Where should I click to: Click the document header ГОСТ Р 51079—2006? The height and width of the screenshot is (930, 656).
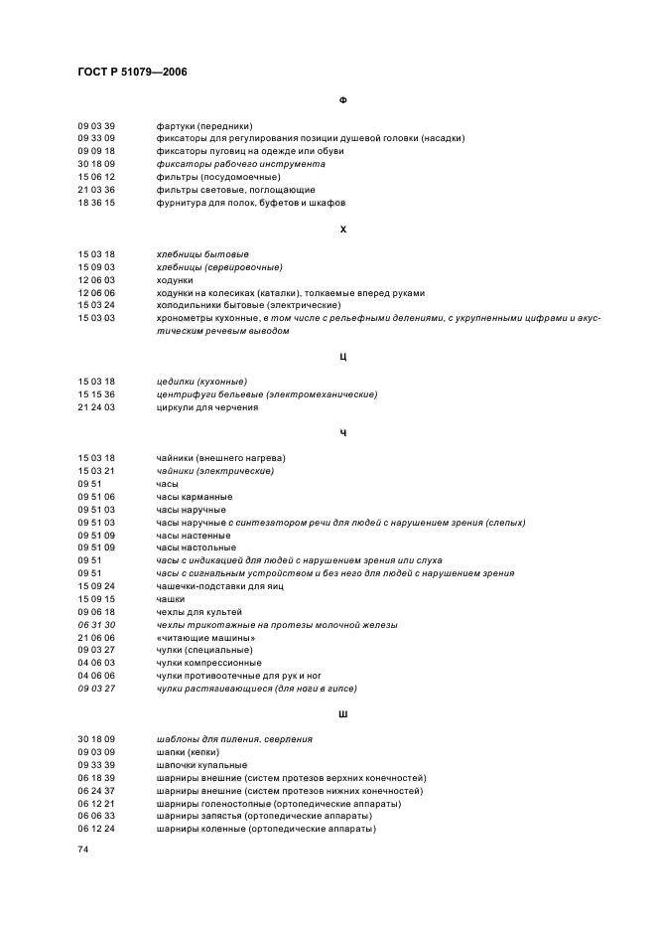coord(133,73)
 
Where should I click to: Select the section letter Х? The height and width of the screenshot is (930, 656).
coord(342,229)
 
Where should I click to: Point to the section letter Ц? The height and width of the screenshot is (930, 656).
coord(342,356)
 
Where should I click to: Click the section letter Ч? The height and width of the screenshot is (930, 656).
coord(342,432)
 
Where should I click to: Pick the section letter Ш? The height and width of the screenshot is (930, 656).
coord(342,712)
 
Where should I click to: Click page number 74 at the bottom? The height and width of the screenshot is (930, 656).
coord(83,851)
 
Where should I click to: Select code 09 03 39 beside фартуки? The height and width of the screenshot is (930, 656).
coord(96,126)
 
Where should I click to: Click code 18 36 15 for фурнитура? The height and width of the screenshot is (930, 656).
coord(96,203)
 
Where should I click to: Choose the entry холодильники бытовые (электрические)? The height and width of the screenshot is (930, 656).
coord(248,305)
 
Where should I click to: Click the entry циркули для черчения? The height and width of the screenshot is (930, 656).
coord(207,407)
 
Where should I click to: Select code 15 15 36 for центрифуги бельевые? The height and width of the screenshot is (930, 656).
coord(96,394)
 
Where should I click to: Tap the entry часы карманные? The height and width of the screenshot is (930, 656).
coord(195,496)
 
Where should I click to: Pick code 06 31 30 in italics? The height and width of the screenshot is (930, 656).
coord(96,624)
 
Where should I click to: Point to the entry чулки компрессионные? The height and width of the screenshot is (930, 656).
coord(208,663)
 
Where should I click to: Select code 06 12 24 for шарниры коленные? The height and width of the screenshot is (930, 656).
coord(96,829)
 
